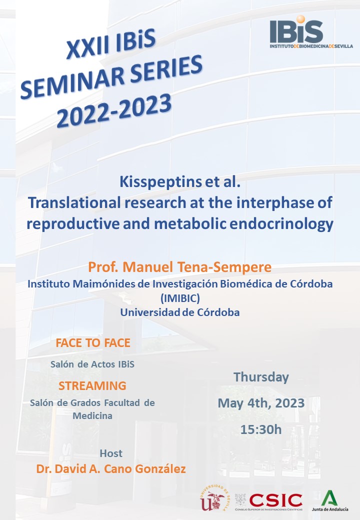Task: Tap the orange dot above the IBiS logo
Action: click(300, 19)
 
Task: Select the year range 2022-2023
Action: click(114, 110)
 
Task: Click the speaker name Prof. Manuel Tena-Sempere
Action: click(179, 267)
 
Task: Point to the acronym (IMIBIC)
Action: click(179, 298)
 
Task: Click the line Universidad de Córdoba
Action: click(179, 312)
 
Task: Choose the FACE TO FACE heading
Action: click(93, 343)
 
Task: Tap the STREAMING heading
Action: click(92, 385)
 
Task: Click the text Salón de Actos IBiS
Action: click(92, 364)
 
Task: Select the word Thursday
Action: click(261, 377)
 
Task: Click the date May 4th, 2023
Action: click(261, 403)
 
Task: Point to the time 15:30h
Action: click(261, 429)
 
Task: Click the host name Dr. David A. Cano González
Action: click(111, 469)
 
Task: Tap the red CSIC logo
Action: click(276, 499)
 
